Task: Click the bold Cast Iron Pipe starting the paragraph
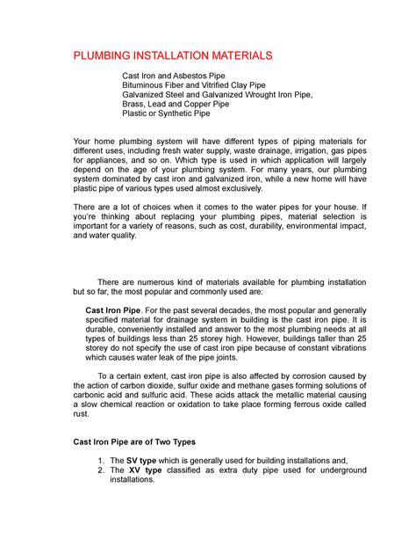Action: click(113, 310)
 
